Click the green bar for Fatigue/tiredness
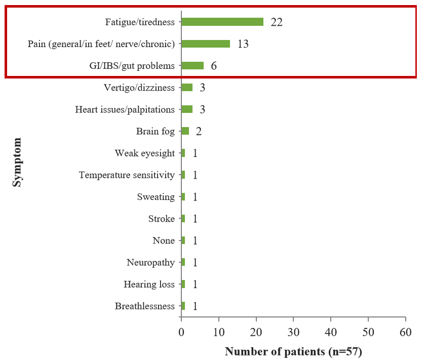[x=222, y=22]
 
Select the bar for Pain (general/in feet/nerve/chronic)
[x=206, y=44]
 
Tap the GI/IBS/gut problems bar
[x=192, y=66]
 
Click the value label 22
[x=277, y=22]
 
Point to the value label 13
[x=243, y=44]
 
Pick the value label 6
[x=214, y=66]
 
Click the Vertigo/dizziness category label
[x=139, y=88]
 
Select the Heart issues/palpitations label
[x=125, y=109]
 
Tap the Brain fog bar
[x=185, y=131]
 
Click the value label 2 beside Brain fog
[x=199, y=132]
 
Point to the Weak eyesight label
[x=144, y=153]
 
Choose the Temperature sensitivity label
[x=127, y=175]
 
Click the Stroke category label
[x=161, y=219]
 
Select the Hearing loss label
[x=149, y=284]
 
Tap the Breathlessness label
[x=144, y=306]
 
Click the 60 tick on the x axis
[x=405, y=333]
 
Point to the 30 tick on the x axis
[x=293, y=333]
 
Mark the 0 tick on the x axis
[x=181, y=333]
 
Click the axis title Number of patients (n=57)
[x=293, y=351]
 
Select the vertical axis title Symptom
[x=18, y=162]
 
